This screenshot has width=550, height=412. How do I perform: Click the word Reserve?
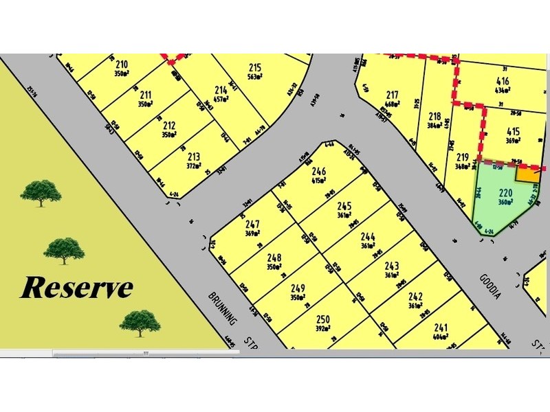[x=76, y=288]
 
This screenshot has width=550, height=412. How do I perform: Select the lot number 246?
[x=318, y=172]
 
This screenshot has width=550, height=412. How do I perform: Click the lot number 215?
[x=255, y=67]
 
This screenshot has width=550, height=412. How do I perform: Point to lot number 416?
[x=503, y=80]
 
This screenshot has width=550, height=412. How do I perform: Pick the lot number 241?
[x=441, y=328]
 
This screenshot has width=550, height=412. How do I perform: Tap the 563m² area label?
[x=255, y=77]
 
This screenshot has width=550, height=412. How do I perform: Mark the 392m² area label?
[x=323, y=328]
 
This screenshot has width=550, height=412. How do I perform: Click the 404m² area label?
[x=441, y=337]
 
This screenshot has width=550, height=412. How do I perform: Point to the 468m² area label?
[x=393, y=104]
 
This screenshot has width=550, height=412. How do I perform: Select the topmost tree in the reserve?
[x=39, y=192]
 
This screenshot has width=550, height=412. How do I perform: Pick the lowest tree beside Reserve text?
[x=140, y=322]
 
